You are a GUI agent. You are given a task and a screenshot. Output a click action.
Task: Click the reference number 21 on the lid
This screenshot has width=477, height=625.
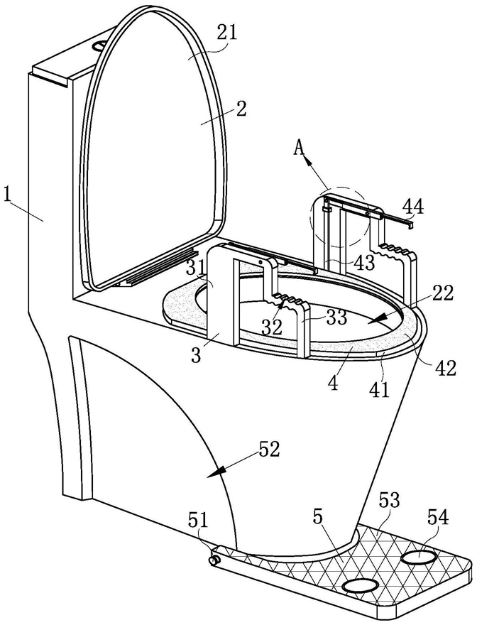click(226, 33)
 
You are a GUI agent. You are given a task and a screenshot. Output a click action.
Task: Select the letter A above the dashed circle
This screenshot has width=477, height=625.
click(300, 148)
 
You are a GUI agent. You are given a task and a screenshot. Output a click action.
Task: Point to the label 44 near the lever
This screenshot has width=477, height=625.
click(413, 207)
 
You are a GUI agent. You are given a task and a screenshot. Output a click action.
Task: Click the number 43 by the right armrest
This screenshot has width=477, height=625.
click(364, 263)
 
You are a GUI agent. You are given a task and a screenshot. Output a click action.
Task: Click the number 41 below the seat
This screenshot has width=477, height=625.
click(379, 389)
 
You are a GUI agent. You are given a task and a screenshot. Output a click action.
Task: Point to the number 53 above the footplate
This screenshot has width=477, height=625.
click(389, 500)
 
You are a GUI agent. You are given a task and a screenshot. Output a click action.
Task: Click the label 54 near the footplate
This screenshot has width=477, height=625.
click(438, 517)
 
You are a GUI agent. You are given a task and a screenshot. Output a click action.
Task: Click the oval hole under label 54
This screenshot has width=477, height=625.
click(417, 556)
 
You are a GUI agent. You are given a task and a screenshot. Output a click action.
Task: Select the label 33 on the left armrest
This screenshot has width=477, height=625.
click(336, 317)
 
